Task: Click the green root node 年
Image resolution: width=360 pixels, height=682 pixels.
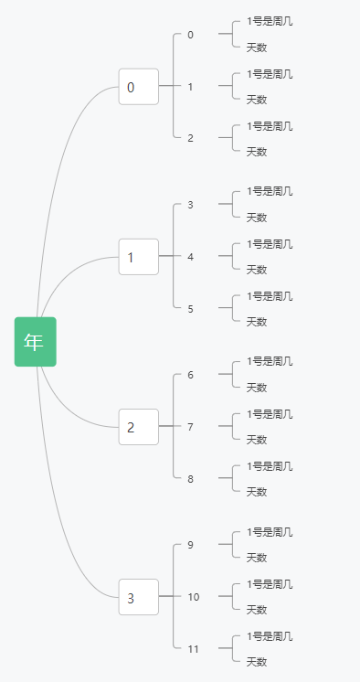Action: [35, 342]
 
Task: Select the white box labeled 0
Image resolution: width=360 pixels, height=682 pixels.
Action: [138, 87]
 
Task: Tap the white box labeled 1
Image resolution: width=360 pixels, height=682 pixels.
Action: [138, 257]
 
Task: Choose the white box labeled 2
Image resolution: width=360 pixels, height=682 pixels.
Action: [138, 427]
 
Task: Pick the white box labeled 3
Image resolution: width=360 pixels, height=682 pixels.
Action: [138, 598]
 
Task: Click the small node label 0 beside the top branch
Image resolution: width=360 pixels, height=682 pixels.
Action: [190, 35]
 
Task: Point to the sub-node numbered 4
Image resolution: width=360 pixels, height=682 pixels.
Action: [190, 257]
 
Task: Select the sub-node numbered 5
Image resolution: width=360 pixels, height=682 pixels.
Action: [190, 309]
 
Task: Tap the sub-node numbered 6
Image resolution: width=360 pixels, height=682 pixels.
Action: [190, 375]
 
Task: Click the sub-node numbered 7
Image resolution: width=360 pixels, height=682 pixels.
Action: [190, 427]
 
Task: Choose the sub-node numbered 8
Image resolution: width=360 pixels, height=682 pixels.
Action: [190, 479]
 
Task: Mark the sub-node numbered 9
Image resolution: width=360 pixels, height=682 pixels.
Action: [190, 545]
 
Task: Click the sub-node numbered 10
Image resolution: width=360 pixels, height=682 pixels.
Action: [193, 597]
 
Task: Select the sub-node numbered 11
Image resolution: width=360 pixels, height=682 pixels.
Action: [193, 649]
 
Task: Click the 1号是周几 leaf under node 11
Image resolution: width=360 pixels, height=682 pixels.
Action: [270, 636]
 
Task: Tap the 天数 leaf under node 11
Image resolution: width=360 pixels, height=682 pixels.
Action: [257, 662]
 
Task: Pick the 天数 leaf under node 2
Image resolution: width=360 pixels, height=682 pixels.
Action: [257, 152]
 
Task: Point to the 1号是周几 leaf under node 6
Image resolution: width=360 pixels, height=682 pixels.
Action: [270, 362]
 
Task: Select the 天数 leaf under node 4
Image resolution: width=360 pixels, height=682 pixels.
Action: [257, 270]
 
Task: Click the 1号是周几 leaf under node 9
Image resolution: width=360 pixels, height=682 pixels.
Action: [270, 532]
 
